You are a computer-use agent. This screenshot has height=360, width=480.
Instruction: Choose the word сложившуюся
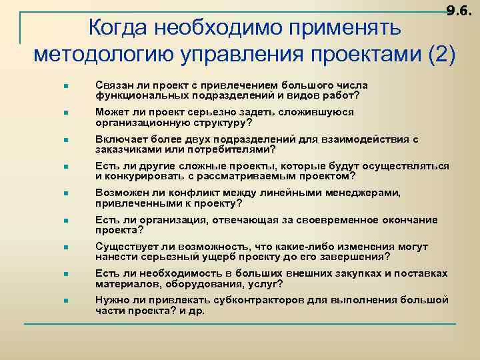pos(319,113)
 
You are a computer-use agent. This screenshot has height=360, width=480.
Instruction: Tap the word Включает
pos(118,139)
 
